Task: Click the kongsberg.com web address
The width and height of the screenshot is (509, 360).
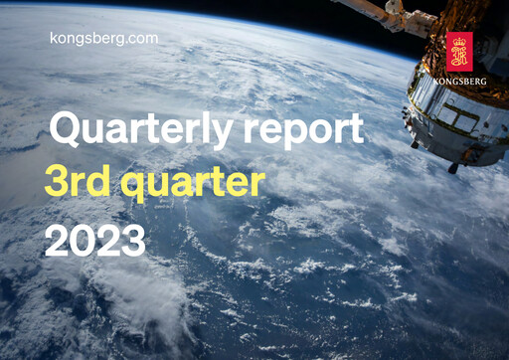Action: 103,37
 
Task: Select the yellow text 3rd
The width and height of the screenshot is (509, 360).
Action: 77,183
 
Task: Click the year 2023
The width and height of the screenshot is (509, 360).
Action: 94,241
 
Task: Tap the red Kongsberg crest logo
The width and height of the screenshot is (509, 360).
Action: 458,50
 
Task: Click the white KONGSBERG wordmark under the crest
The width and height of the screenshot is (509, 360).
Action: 458,79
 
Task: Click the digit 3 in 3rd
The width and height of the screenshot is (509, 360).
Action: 57,183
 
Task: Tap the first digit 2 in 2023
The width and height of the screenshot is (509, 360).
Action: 57,241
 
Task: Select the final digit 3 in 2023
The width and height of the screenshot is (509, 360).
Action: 133,241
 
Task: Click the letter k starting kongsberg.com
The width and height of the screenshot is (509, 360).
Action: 54,37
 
